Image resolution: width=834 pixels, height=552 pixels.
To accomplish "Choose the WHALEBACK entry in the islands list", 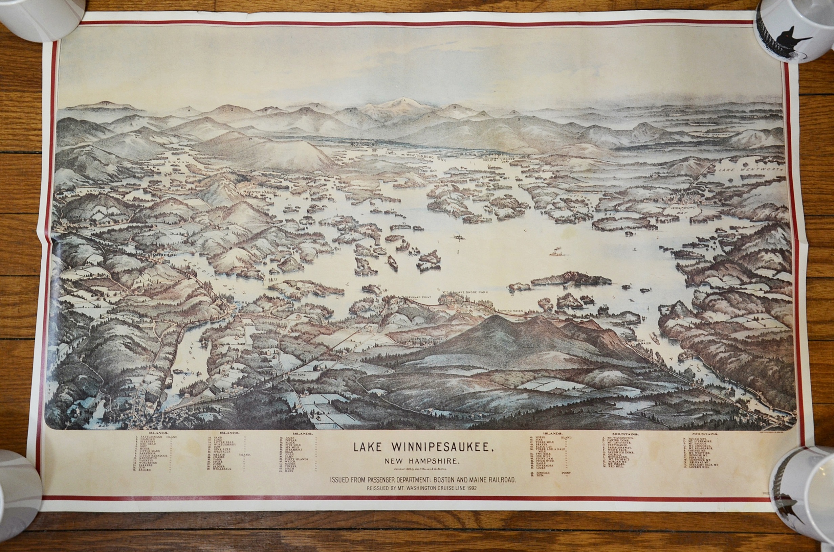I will click(x=222, y=468).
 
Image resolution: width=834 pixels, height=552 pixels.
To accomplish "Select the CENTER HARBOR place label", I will click(x=261, y=192).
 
